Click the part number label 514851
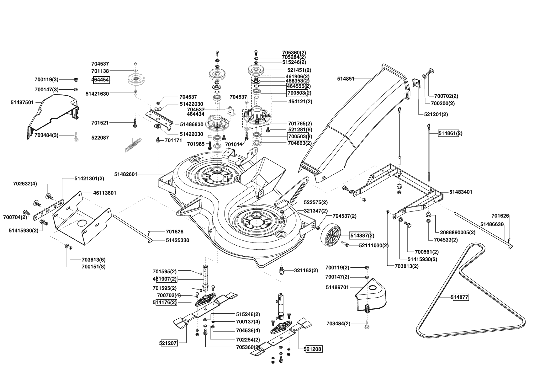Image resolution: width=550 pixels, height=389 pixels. click(x=346, y=79)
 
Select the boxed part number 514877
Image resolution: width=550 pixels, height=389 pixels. click(x=460, y=297)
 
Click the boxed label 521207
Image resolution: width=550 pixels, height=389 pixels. click(x=168, y=343)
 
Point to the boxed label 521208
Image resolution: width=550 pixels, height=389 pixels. click(x=313, y=349)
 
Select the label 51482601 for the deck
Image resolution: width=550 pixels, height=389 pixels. click(x=126, y=174)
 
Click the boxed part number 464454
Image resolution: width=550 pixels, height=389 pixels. click(x=100, y=80)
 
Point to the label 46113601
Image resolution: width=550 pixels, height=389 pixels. click(x=105, y=193)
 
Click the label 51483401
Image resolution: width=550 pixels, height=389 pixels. click(x=461, y=192)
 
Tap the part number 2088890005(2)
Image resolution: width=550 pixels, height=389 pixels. click(x=457, y=232)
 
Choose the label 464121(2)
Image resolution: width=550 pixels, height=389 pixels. click(x=300, y=102)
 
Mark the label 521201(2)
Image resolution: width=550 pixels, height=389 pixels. click(x=436, y=114)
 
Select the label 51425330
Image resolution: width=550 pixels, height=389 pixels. click(x=177, y=240)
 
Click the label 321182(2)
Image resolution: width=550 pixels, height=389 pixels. click(x=306, y=270)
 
